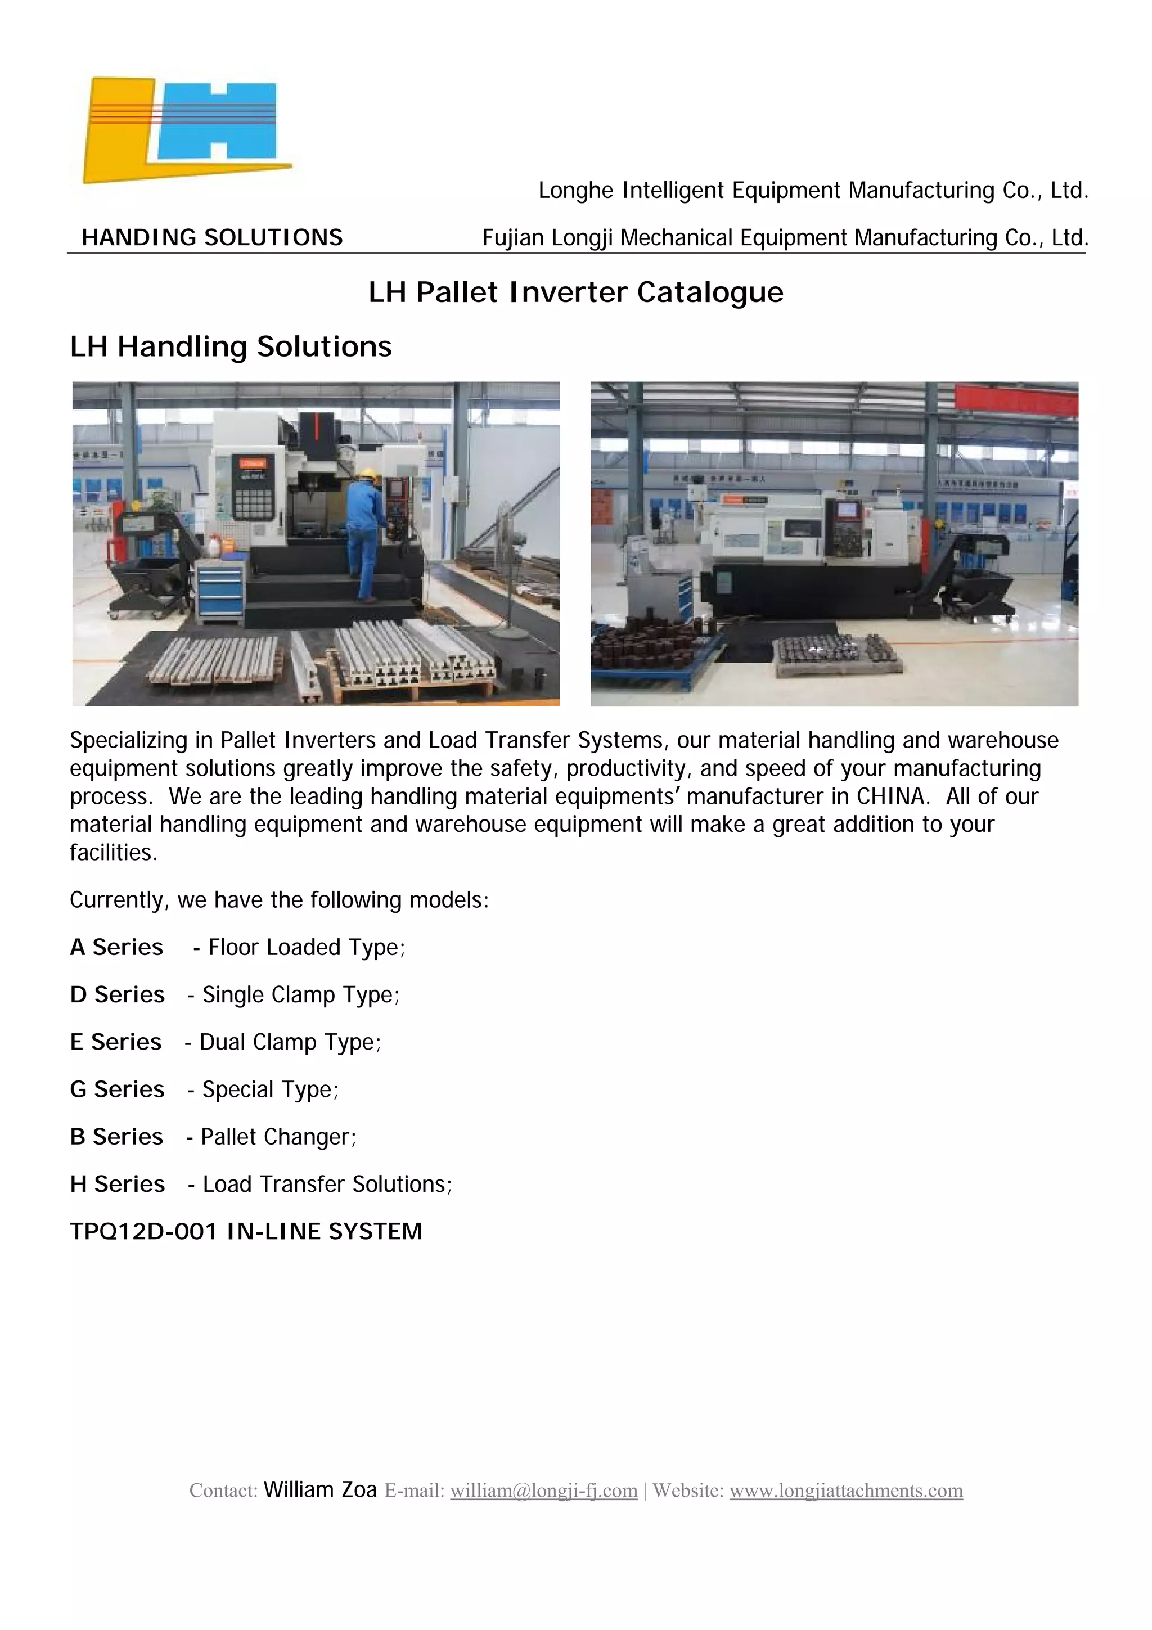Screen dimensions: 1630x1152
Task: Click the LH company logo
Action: coord(186,130)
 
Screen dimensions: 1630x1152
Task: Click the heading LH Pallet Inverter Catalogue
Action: coord(575,292)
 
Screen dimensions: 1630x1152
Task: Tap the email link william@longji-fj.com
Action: coord(544,1490)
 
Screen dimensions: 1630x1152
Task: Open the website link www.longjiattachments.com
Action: coord(846,1490)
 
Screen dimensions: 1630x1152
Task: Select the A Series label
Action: coord(116,947)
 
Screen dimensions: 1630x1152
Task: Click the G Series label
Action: coord(117,1089)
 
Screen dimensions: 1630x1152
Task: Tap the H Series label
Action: coord(117,1184)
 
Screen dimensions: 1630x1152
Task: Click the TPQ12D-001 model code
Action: coord(143,1232)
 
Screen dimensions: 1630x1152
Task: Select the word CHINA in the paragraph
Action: coord(892,796)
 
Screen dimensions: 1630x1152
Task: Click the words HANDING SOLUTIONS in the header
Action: coord(212,237)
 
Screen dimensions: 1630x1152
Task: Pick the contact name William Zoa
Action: coord(319,1489)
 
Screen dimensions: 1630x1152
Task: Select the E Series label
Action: coord(116,1042)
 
